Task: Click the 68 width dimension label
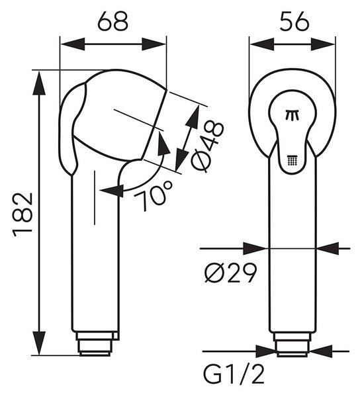(113, 21)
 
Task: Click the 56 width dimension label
(294, 21)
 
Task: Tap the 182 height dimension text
(23, 214)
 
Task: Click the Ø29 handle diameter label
(231, 273)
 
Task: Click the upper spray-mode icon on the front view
(293, 115)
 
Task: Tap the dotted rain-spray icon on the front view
(293, 159)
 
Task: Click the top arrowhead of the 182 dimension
(39, 83)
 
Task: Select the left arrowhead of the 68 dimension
(73, 44)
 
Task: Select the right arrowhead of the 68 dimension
(154, 44)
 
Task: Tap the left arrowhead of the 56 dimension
(262, 44)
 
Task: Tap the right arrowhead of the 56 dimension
(323, 44)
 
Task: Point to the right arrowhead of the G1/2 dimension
(320, 351)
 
